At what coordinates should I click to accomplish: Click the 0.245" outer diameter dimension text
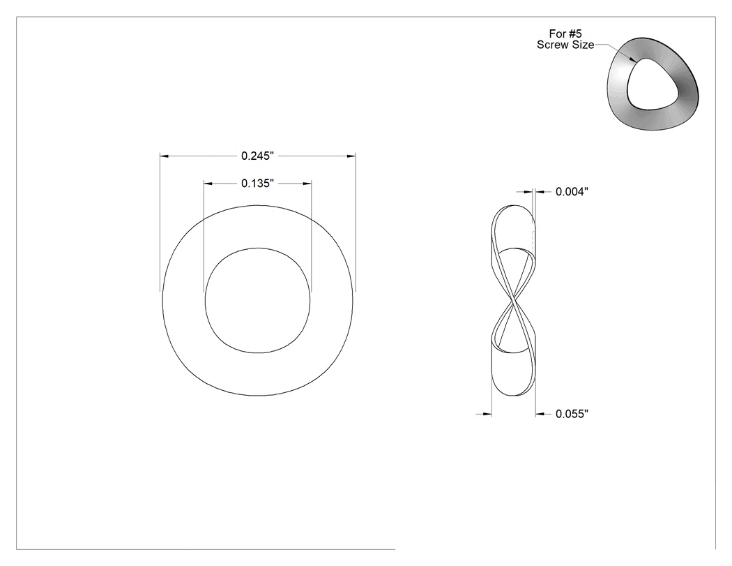tap(257, 156)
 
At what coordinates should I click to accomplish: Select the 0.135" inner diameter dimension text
tap(257, 184)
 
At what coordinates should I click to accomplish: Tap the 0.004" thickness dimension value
tap(572, 192)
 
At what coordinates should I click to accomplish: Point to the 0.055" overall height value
tap(572, 414)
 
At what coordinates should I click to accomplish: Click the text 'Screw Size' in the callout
tap(565, 45)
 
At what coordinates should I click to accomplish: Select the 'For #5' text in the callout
tap(565, 33)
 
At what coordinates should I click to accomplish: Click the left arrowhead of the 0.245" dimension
tap(165, 156)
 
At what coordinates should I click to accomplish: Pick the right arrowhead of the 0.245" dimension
tap(351, 156)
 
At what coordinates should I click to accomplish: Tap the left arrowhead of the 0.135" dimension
tap(208, 184)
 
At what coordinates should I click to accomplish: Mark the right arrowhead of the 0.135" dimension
tap(307, 184)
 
